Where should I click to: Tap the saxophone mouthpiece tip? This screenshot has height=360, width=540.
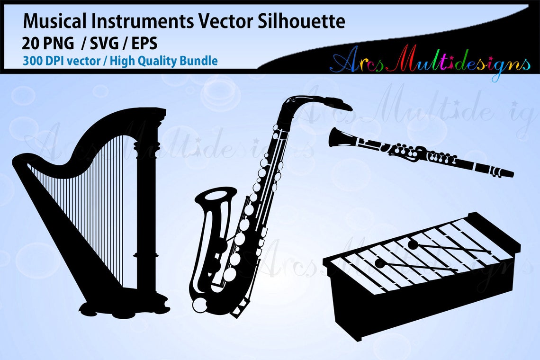click(349, 106)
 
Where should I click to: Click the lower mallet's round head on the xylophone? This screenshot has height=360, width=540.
click(379, 262)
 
